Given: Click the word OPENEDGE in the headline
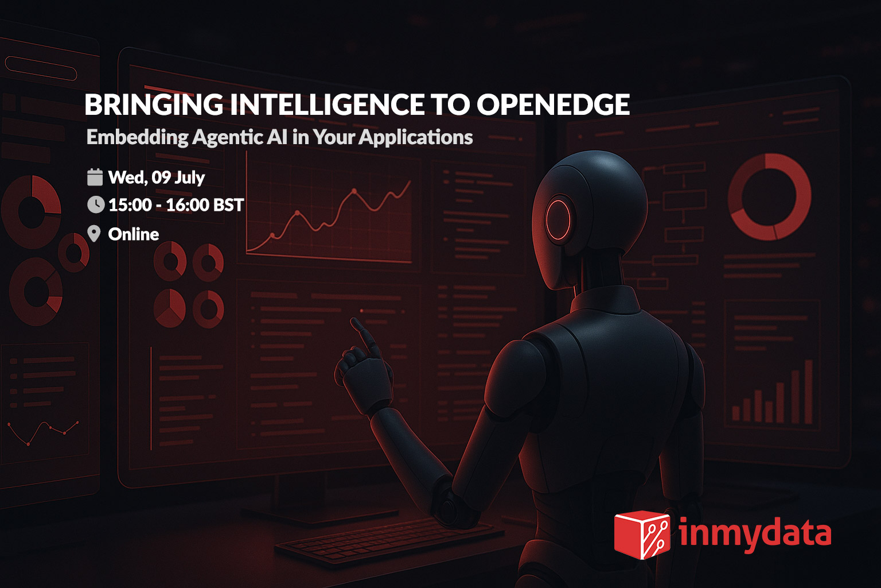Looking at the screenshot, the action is pyautogui.click(x=553, y=105).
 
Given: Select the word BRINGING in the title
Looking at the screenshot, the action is pyautogui.click(x=154, y=105).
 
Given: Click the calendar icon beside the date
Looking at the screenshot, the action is pyautogui.click(x=95, y=177).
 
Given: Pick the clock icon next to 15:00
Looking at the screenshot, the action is pyautogui.click(x=96, y=205).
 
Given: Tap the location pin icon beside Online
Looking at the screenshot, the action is pyautogui.click(x=93, y=234).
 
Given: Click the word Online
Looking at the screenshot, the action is pyautogui.click(x=134, y=234).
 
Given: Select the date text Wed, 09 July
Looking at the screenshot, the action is pyautogui.click(x=157, y=177).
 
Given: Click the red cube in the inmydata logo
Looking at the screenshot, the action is pyautogui.click(x=642, y=535).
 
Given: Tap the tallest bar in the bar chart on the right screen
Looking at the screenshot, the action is pyautogui.click(x=809, y=392).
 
